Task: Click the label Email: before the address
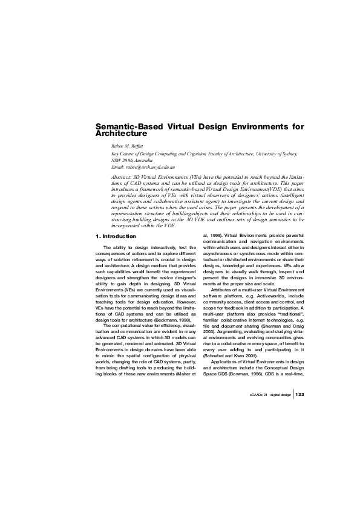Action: [119, 166]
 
